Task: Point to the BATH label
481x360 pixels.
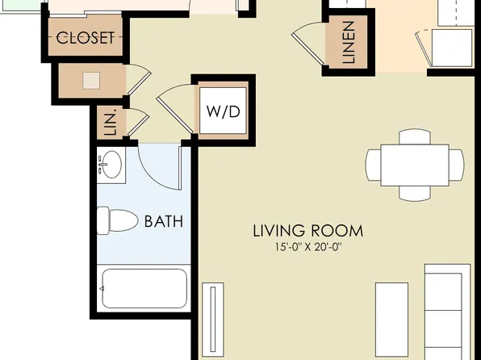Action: click(163, 220)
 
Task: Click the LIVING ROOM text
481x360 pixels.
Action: click(307, 231)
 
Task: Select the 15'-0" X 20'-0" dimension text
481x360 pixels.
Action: click(307, 248)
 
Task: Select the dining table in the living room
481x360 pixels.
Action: click(415, 165)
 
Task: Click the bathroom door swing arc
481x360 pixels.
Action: click(158, 165)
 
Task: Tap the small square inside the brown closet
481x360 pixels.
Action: click(92, 80)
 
